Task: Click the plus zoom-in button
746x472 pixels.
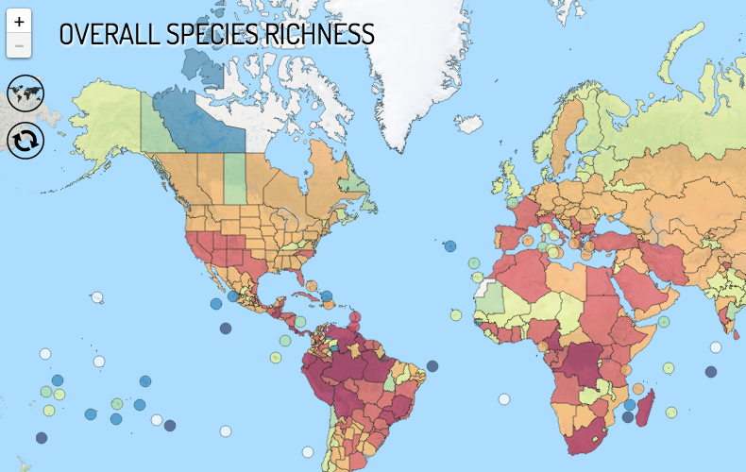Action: pyautogui.click(x=19, y=22)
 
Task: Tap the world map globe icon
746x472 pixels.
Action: pyautogui.click(x=25, y=93)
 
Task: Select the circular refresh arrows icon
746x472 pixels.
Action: pyautogui.click(x=25, y=141)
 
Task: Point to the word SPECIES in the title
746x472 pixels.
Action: pyautogui.click(x=206, y=35)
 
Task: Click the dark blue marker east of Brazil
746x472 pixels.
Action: pyautogui.click(x=432, y=366)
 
